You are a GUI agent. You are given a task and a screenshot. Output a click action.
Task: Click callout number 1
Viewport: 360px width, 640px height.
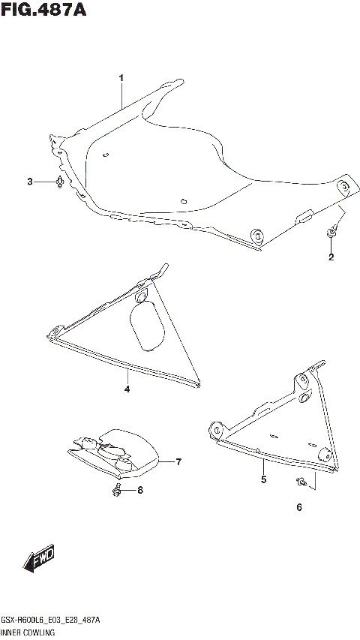[x=121, y=78]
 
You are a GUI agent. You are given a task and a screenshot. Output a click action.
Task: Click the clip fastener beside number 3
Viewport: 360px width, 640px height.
[x=58, y=182]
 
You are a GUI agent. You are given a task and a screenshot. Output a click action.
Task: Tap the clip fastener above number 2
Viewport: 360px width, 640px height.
[x=331, y=235]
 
